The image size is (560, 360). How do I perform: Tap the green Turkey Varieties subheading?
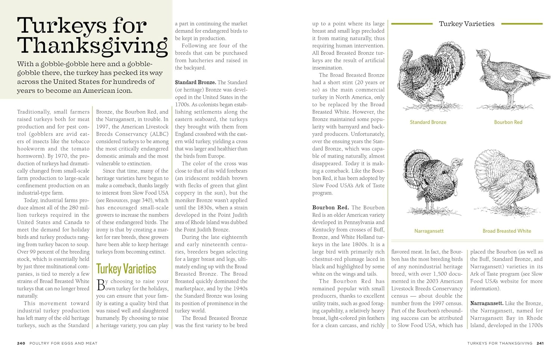click(126, 269)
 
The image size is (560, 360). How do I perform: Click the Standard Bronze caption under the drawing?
click(428, 122)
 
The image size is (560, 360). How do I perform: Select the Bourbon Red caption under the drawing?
click(508, 122)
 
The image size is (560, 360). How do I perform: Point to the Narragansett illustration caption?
click(429, 231)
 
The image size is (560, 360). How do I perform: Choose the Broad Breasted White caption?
click(507, 231)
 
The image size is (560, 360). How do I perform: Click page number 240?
click(21, 343)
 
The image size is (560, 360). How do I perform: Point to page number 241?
click(540, 343)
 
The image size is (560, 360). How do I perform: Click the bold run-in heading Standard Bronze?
click(195, 83)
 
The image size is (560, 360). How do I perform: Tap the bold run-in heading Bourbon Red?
click(330, 208)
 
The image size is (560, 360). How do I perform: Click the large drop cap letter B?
click(101, 285)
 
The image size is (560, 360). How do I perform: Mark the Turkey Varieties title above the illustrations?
click(466, 24)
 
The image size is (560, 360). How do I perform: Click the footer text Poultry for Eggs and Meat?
click(63, 343)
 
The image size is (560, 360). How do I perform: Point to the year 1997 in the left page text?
click(103, 127)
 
